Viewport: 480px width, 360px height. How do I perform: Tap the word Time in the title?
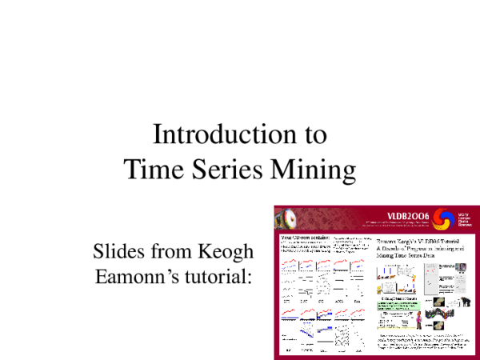(152, 170)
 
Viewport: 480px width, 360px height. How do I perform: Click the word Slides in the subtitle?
(119, 251)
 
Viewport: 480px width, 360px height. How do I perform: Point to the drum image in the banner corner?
(286, 218)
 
